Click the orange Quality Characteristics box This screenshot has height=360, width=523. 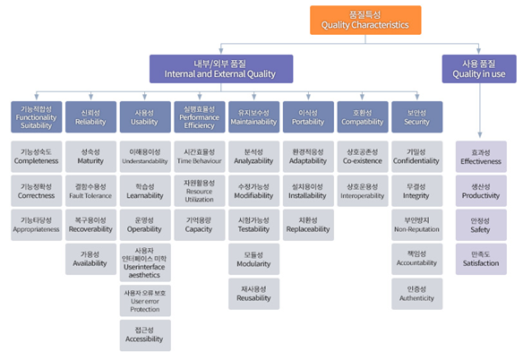tap(364, 21)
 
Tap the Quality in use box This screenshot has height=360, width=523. tap(479, 68)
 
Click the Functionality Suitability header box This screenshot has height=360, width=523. tap(36, 116)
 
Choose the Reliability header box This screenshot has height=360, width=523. tap(90, 116)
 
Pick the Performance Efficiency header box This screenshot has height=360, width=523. tap(199, 116)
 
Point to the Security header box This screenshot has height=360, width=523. tap(416, 116)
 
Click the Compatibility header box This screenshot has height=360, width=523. tap(363, 116)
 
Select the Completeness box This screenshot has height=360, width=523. tap(36, 157)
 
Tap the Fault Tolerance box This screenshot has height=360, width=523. tap(90, 191)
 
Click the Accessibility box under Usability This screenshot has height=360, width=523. tap(144, 334)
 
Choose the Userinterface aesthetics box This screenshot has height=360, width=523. tap(144, 263)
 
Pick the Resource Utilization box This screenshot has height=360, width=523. tap(199, 191)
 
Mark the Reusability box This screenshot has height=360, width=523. tap(253, 294)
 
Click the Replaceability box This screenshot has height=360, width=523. tap(308, 225)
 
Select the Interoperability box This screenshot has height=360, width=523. tap(363, 191)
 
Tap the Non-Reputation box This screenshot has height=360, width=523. tap(416, 225)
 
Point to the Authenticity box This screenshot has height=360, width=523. tap(416, 294)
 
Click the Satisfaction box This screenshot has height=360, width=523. tap(481, 259)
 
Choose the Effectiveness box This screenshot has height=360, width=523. tap(481, 157)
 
